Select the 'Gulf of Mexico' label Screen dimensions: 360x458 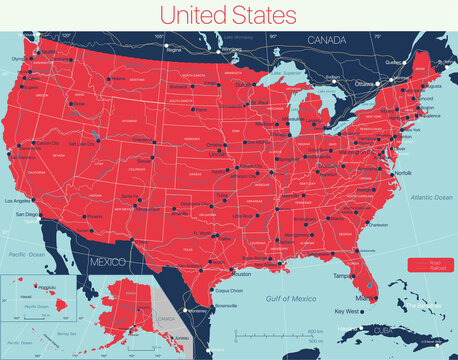click(279, 299)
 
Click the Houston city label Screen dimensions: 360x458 click(241, 273)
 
